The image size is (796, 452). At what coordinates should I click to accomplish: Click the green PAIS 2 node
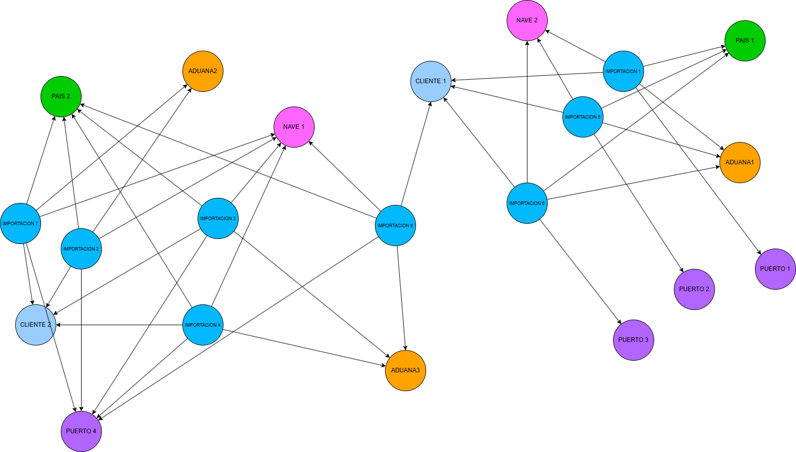(x=61, y=96)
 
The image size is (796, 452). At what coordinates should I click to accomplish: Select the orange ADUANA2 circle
(x=203, y=71)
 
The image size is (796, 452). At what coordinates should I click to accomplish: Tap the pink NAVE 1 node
(x=294, y=127)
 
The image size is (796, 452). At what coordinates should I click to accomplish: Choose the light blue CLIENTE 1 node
(x=431, y=81)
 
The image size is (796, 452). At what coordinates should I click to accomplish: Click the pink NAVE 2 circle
(x=527, y=20)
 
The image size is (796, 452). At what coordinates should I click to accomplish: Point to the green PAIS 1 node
(x=745, y=41)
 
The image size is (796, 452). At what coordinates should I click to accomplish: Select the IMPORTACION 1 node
(x=623, y=71)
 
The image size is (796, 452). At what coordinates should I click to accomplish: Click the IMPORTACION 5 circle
(x=583, y=117)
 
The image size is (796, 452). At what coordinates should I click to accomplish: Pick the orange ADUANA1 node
(x=740, y=162)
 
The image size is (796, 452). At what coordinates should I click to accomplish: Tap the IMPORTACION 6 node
(x=527, y=203)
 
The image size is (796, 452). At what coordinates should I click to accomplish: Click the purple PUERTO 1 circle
(x=775, y=269)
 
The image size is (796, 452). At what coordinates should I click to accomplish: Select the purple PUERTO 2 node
(x=694, y=289)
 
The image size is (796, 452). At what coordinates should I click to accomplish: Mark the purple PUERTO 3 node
(x=633, y=340)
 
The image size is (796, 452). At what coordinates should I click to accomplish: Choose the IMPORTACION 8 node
(x=395, y=225)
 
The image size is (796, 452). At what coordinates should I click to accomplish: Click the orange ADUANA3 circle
(x=405, y=370)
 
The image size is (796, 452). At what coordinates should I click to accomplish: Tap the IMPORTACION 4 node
(x=203, y=325)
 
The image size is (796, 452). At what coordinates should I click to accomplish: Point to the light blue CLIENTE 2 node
(x=35, y=325)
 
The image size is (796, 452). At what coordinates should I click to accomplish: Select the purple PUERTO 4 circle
(x=81, y=431)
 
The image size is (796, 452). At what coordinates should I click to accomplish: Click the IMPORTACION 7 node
(x=20, y=223)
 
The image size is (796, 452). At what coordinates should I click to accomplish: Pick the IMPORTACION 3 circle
(x=218, y=218)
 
